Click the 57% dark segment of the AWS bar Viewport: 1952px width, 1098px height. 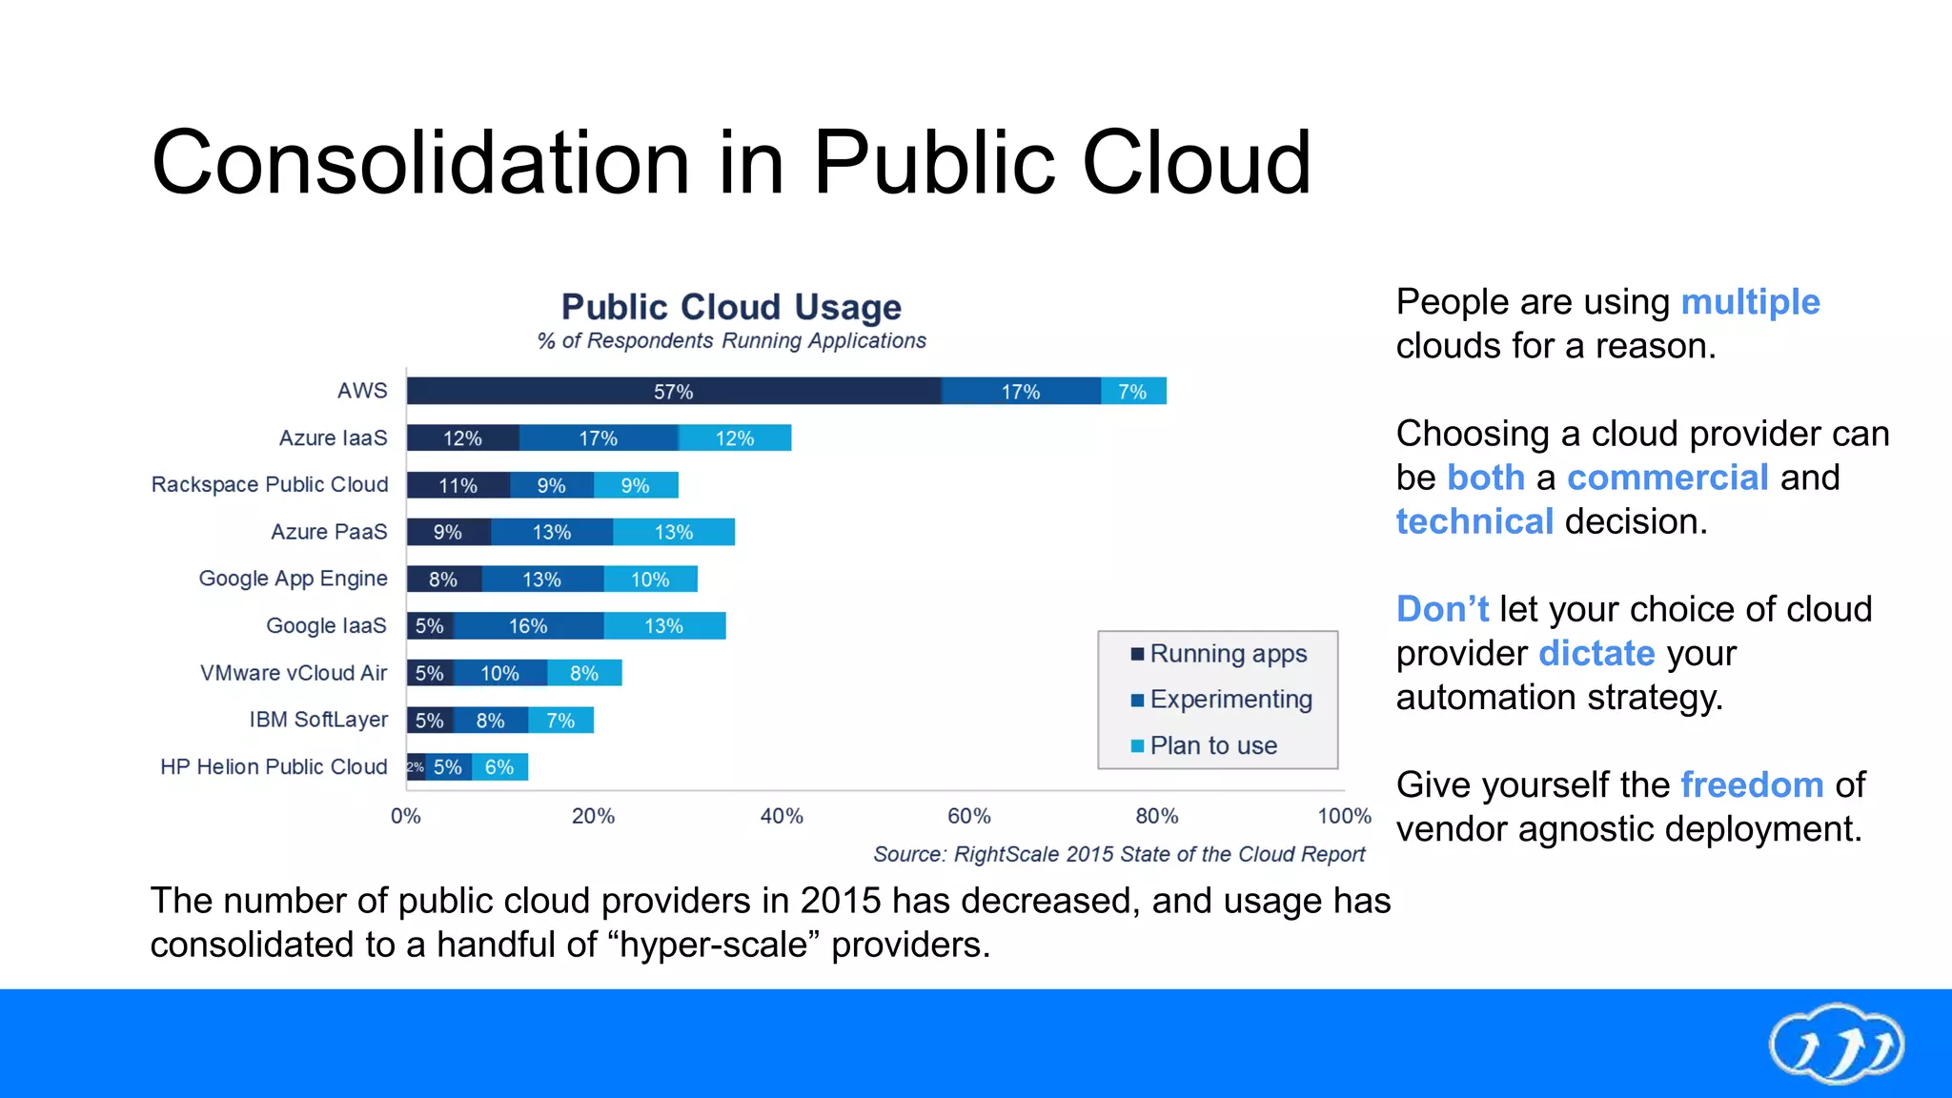pos(673,391)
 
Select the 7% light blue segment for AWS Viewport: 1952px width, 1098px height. pos(1133,391)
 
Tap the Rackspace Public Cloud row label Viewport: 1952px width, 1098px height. pos(270,484)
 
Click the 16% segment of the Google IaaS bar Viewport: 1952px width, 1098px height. pos(528,626)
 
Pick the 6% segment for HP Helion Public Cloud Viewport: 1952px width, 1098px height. pos(499,767)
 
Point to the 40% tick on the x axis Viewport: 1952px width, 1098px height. pos(782,816)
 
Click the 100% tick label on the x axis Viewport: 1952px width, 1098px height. pos(1344,816)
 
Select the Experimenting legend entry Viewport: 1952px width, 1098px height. pos(1230,700)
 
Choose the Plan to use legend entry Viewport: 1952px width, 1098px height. pos(1212,745)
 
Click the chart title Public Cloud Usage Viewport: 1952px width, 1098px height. pos(731,307)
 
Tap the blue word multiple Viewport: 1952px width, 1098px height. pos(1750,302)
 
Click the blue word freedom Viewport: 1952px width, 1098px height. pos(1752,785)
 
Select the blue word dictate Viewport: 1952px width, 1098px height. pos(1596,654)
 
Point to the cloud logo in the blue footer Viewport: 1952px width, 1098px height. pos(1836,1045)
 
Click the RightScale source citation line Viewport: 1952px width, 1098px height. pos(1119,854)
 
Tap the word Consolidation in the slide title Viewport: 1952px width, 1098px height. pos(419,163)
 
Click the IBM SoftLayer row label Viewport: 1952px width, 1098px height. pos(318,720)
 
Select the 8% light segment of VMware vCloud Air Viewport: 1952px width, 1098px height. pos(584,673)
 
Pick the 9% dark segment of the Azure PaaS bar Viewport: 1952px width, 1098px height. pos(448,532)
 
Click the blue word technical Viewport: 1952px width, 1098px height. pos(1474,522)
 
